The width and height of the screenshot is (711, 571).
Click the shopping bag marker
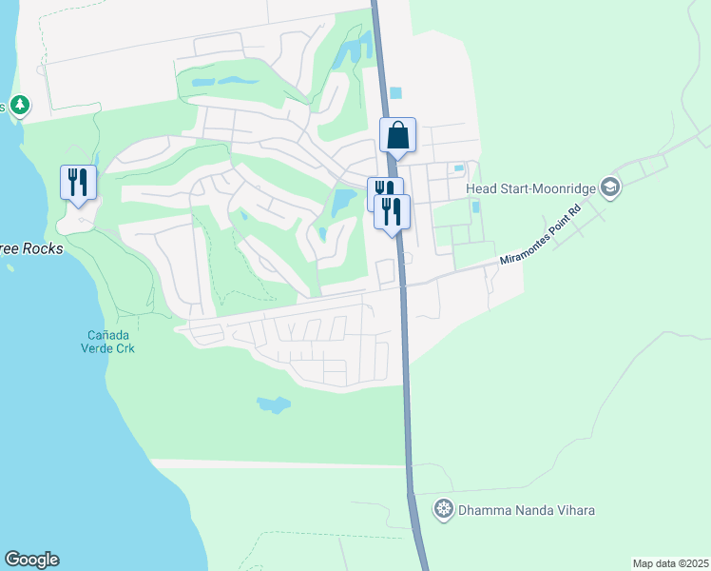tap(397, 135)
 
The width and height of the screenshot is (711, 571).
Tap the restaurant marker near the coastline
tap(78, 182)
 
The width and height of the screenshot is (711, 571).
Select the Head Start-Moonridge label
tap(530, 187)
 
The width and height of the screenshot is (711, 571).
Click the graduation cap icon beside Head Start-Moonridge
tap(610, 187)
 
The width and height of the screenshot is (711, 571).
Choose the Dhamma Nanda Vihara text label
tap(527, 510)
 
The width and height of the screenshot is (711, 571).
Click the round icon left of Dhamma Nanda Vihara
tap(442, 510)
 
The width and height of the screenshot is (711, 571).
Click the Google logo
tap(31, 560)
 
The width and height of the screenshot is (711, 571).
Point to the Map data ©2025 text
tap(669, 563)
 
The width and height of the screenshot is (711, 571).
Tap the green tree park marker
tap(19, 105)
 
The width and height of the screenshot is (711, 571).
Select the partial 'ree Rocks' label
tap(31, 248)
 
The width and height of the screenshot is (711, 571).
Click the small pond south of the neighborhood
tap(273, 404)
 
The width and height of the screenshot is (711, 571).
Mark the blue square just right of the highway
tap(395, 92)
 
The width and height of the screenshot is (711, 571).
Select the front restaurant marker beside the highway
tap(392, 210)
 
